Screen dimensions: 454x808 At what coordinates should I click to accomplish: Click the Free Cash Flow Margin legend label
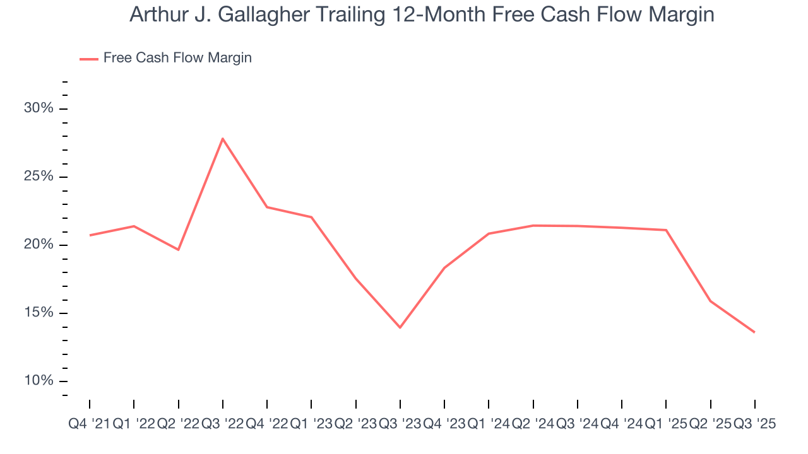(x=177, y=58)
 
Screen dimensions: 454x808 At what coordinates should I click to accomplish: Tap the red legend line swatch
(x=88, y=59)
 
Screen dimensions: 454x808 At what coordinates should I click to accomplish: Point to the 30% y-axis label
(x=39, y=108)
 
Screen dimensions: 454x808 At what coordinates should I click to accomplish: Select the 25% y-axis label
(x=39, y=177)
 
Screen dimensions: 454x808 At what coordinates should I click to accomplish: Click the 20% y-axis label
(x=39, y=245)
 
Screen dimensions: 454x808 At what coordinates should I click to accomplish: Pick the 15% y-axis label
(x=39, y=313)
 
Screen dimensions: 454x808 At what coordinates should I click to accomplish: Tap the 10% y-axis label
(x=39, y=381)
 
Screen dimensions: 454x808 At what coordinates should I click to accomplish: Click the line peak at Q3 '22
(x=223, y=138)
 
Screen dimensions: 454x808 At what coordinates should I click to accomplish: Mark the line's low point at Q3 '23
(x=400, y=327)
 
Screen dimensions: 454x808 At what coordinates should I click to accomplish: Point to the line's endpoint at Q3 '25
(x=754, y=332)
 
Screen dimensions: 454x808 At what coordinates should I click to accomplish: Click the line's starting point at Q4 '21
(x=90, y=235)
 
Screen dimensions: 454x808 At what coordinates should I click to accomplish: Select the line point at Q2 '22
(x=179, y=250)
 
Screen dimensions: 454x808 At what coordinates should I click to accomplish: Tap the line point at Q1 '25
(x=666, y=230)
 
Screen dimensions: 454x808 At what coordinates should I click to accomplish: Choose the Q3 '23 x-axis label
(x=400, y=425)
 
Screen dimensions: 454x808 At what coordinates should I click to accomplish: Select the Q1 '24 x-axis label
(x=489, y=425)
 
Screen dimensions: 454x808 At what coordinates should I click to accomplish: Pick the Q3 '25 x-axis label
(x=754, y=425)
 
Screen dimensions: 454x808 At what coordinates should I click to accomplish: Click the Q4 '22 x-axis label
(x=266, y=425)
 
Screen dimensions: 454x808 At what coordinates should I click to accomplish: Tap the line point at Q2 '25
(x=711, y=301)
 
